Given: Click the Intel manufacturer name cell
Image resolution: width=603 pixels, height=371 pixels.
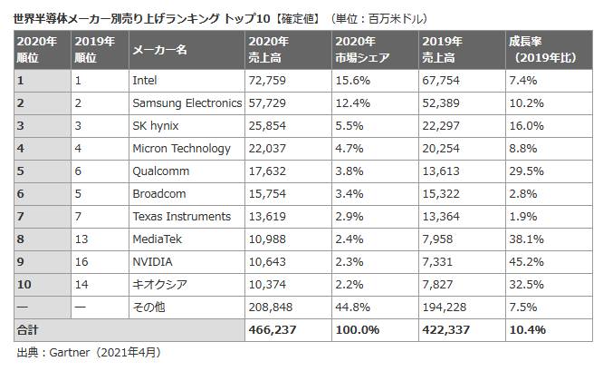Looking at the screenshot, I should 145,81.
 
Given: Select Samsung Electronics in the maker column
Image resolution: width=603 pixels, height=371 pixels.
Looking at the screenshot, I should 187,103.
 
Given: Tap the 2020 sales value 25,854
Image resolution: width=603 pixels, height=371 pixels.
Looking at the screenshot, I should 269,126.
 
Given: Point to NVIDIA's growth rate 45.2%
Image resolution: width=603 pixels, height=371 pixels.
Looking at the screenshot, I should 528,262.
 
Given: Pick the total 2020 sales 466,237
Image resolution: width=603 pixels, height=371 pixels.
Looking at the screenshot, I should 273,329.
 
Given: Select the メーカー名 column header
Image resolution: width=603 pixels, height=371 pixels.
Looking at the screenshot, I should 159,50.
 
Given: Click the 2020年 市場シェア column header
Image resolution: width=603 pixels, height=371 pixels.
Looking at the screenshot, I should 362,50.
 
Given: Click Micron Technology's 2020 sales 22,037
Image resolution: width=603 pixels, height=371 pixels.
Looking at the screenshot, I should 269,149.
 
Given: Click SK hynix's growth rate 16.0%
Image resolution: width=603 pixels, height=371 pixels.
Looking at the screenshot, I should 528,126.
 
